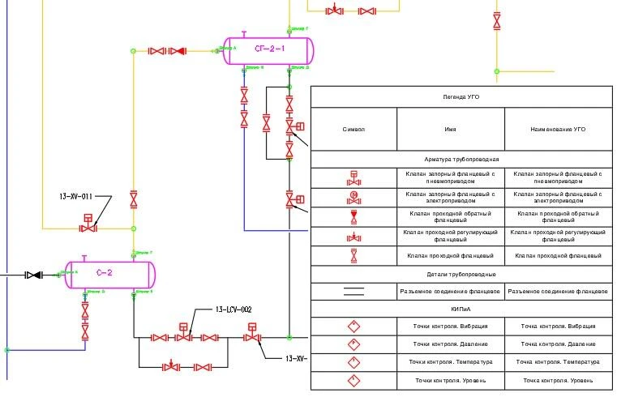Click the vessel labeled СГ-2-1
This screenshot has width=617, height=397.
(269, 50)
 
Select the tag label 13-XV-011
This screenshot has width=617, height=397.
(76, 196)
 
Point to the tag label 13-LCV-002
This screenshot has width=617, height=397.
(234, 309)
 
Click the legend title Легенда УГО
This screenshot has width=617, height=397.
(461, 96)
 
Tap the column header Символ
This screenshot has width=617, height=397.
(353, 129)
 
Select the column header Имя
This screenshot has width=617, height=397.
(450, 129)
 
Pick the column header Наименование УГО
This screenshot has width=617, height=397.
(558, 129)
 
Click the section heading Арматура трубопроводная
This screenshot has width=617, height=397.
(461, 160)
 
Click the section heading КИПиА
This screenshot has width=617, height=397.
(461, 309)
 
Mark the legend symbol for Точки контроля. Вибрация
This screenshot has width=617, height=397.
(353, 327)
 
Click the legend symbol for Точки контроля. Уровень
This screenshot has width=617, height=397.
(353, 380)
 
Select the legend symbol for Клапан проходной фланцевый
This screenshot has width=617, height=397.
(353, 255)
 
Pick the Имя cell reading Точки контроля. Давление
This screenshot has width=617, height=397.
(450, 344)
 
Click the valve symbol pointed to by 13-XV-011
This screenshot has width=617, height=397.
(88, 228)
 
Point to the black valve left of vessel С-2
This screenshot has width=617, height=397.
(32, 275)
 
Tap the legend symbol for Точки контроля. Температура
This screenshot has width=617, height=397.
(353, 362)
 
